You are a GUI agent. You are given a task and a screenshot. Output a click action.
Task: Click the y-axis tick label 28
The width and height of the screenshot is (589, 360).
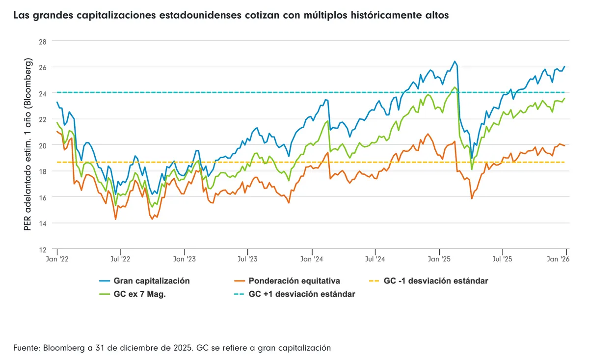pos(42,41)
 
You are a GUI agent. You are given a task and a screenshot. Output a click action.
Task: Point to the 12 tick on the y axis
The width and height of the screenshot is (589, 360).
pos(42,249)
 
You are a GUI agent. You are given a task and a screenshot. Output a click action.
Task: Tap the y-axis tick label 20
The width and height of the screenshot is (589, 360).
pos(42,145)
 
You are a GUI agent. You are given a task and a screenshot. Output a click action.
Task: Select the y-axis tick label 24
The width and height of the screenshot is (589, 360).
pos(42,93)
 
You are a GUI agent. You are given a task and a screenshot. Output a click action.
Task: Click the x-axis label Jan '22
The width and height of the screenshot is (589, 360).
pos(57,258)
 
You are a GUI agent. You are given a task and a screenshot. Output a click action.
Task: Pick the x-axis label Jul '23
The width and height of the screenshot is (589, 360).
pos(247,258)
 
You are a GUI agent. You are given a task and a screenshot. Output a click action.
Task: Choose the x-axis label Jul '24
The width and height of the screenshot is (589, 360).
pos(375,258)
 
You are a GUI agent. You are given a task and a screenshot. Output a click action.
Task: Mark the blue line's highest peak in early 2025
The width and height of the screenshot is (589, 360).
pos(455,61)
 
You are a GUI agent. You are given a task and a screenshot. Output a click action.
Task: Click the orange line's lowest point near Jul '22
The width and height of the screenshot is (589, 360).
pos(116,219)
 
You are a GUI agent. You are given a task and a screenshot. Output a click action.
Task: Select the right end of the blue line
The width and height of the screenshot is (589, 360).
pos(565,66)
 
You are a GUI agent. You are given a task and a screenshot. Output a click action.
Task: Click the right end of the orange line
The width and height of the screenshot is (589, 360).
pos(565,145)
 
